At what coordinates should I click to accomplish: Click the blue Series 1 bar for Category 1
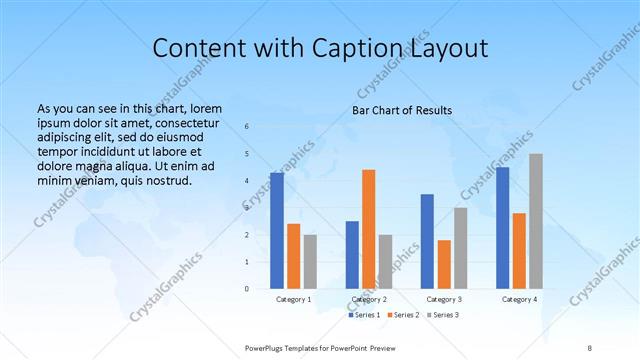tap(277, 230)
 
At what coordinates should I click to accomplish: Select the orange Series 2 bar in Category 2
tap(368, 229)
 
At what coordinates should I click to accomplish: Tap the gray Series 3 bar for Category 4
tap(536, 221)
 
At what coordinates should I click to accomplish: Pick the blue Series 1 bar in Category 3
tap(427, 241)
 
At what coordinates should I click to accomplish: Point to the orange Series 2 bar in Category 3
tap(444, 264)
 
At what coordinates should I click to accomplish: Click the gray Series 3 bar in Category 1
tap(310, 261)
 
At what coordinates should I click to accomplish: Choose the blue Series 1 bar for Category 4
tap(502, 227)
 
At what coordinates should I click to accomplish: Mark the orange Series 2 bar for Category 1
tap(293, 256)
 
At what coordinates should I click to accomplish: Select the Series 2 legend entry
tap(404, 315)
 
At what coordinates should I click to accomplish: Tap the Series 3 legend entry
tap(443, 315)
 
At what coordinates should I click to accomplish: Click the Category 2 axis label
tap(369, 299)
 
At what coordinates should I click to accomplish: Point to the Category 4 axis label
tap(519, 299)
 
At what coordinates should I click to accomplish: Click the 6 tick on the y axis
tap(247, 127)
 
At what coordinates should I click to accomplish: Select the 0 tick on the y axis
tap(247, 289)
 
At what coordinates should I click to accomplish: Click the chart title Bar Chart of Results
tap(401, 110)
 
